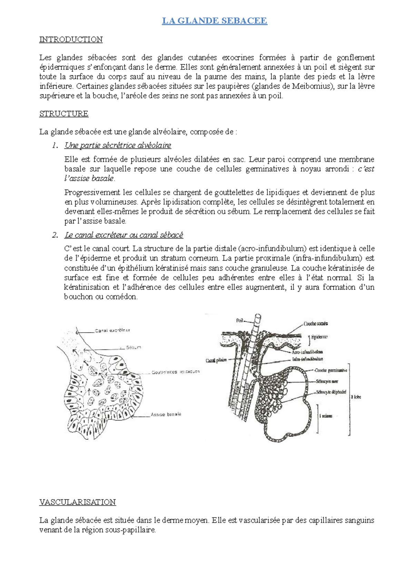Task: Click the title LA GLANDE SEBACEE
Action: pyautogui.click(x=215, y=21)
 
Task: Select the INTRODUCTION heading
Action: pyautogui.click(x=71, y=40)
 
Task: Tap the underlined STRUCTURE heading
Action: pyautogui.click(x=64, y=114)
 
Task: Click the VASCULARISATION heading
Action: pyautogui.click(x=78, y=502)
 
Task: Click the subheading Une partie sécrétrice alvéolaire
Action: pyautogui.click(x=118, y=145)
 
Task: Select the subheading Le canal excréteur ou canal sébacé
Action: pyautogui.click(x=124, y=235)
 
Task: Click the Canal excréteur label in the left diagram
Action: pyautogui.click(x=112, y=331)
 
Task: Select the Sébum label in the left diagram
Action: pyautogui.click(x=134, y=348)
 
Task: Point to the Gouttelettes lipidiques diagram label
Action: pyautogui.click(x=176, y=372)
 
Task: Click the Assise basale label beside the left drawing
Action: pyautogui.click(x=166, y=414)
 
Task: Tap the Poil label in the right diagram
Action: pyautogui.click(x=240, y=321)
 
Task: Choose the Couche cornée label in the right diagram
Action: pyautogui.click(x=316, y=324)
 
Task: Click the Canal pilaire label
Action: pyautogui.click(x=216, y=360)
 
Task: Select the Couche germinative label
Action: pyautogui.click(x=331, y=370)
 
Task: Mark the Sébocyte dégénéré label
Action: pyautogui.click(x=331, y=392)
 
